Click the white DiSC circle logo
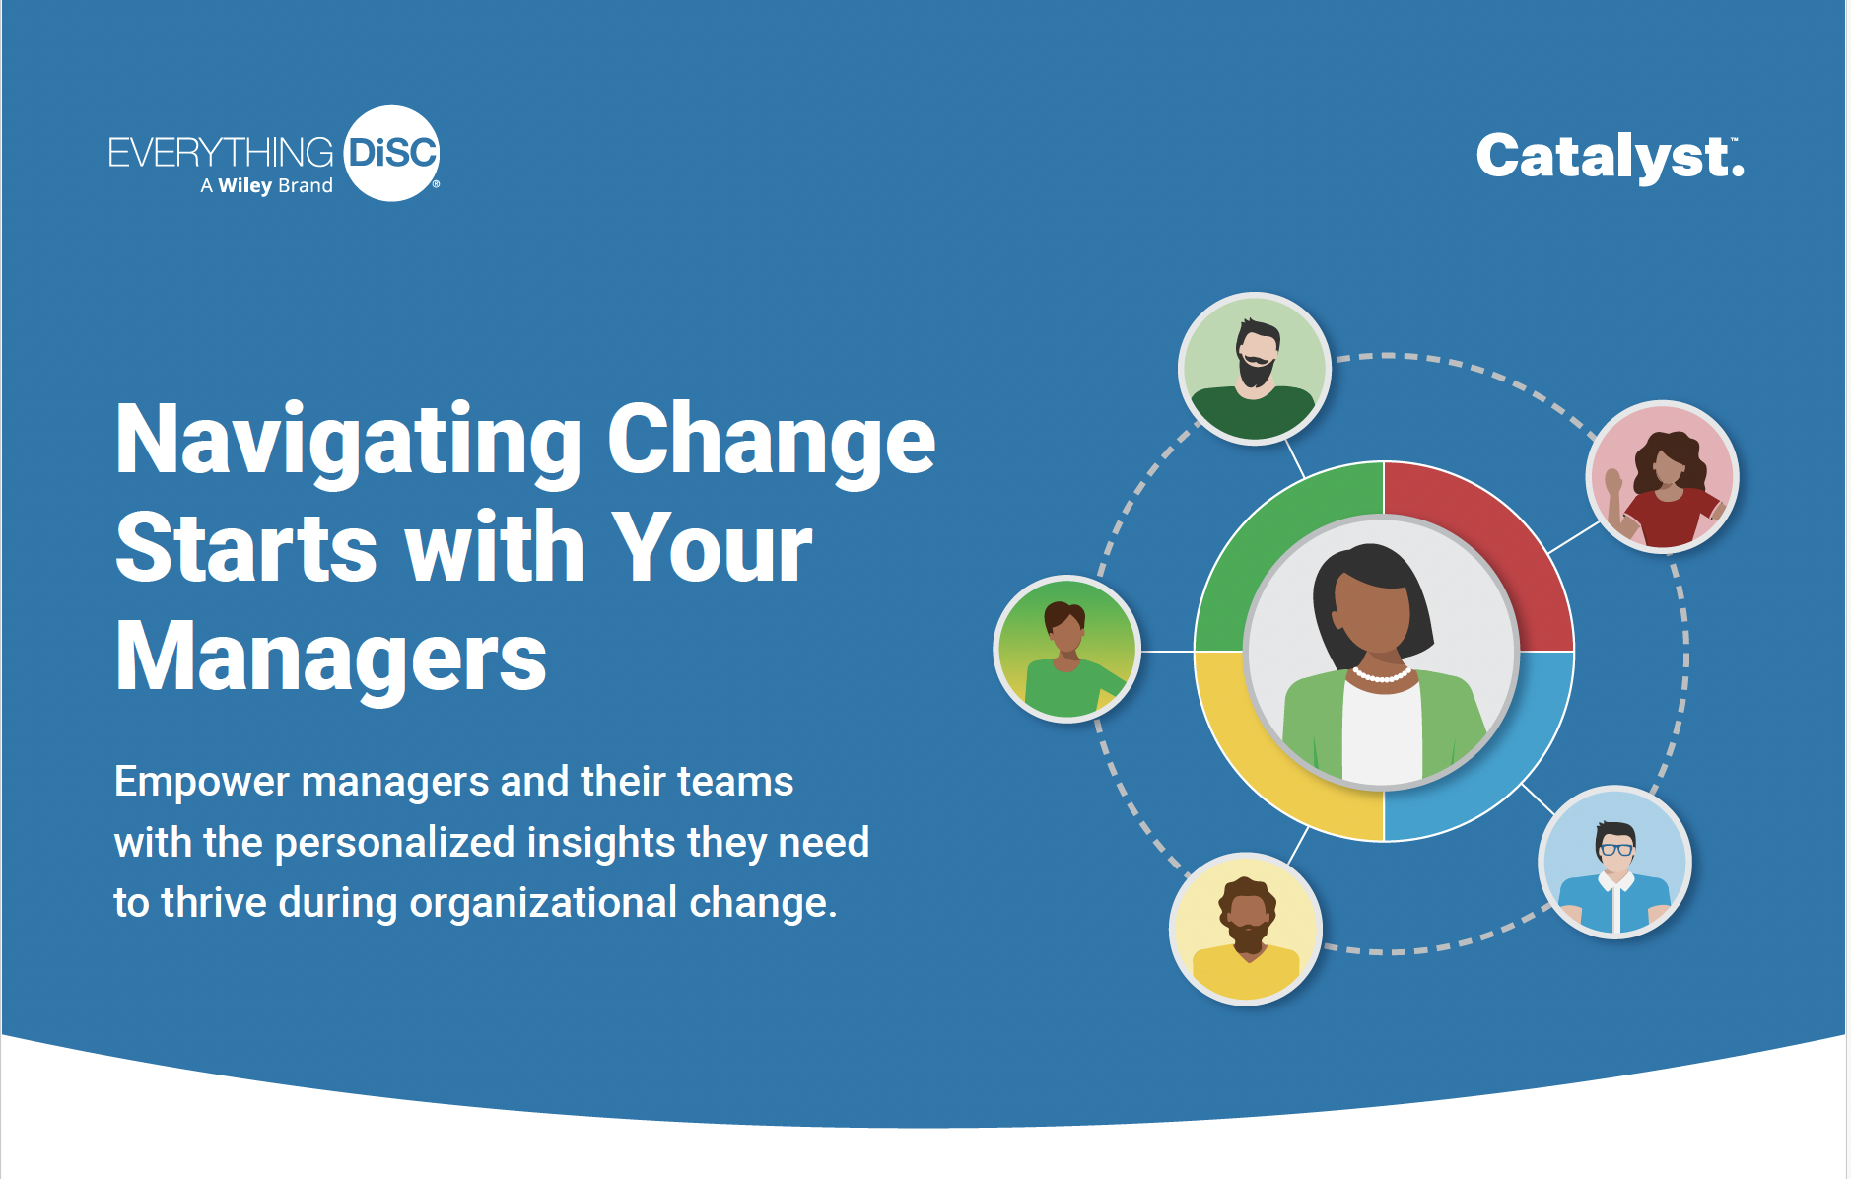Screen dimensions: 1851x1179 coord(392,154)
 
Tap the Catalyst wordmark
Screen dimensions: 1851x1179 coord(1610,158)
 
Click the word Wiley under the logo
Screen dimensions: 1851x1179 coord(245,186)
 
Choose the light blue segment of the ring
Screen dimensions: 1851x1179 coord(1493,764)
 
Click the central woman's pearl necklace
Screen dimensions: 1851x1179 coord(1381,676)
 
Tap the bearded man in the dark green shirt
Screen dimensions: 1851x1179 coord(1255,369)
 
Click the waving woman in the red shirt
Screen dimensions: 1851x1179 coord(1662,476)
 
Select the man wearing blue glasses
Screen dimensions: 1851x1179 coord(1614,862)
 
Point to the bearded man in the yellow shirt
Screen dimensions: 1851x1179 coord(1246,929)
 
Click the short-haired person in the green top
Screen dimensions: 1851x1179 coord(1067,649)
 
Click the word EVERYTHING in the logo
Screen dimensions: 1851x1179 coord(221,153)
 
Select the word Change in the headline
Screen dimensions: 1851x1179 coord(771,440)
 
